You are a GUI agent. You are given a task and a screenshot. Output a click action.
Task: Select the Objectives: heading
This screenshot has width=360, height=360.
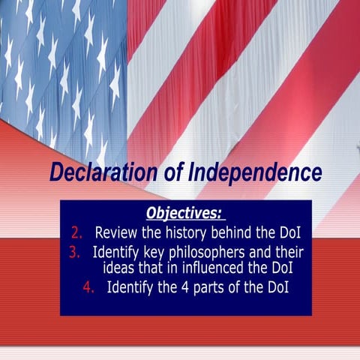click(184, 213)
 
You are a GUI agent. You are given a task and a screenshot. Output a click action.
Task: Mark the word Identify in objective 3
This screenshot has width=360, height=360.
click(117, 251)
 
